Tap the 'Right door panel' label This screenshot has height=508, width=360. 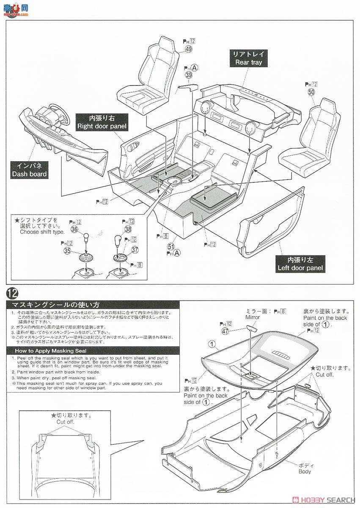tap(102, 122)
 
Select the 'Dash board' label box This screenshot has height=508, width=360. tap(29, 169)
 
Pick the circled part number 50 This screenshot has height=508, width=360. tap(311, 92)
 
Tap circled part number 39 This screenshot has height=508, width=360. tap(188, 75)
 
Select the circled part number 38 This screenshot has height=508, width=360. tap(128, 229)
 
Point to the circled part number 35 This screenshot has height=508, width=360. tap(66, 251)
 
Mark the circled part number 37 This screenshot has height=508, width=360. tap(135, 250)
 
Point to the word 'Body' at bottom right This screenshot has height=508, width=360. tap(304, 471)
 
